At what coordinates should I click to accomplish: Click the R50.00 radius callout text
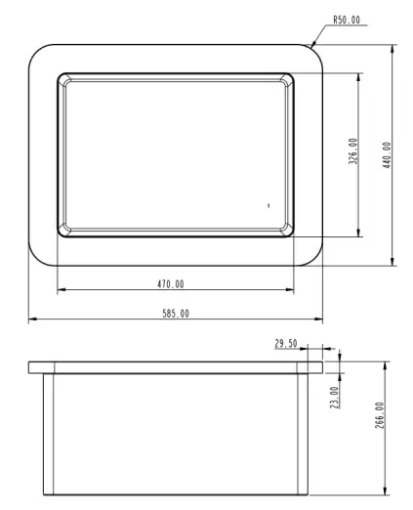pos(347,20)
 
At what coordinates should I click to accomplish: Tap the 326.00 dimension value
pos(352,151)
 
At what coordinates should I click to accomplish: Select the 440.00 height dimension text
pos(387,155)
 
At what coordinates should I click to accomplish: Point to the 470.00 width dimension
pos(171,284)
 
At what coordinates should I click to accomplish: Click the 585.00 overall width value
pos(176,314)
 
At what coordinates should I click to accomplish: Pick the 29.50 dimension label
pos(286,343)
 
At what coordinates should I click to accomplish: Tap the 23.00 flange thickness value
pos(334,398)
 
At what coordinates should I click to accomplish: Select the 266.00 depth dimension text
pos(380,415)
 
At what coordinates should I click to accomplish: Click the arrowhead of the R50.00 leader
pos(313,44)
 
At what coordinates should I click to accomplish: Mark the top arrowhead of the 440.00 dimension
pos(392,49)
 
